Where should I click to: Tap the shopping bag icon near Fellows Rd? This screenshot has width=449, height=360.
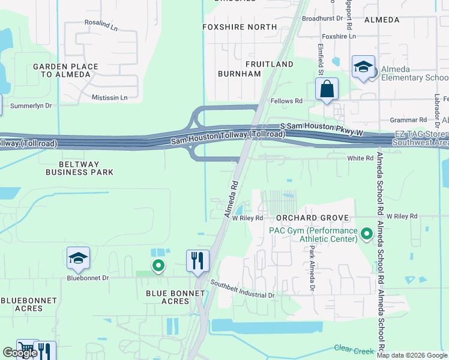[x=327, y=89]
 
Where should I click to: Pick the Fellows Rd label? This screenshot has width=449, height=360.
[x=286, y=101]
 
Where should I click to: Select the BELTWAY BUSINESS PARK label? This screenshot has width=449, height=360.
[x=80, y=168]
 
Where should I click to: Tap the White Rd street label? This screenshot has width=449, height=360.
[x=360, y=158]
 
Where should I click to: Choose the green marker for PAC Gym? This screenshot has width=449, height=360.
[x=366, y=232]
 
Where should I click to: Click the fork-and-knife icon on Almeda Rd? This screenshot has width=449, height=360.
[x=197, y=261]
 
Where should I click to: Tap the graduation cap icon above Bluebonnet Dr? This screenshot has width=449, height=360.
[x=78, y=258]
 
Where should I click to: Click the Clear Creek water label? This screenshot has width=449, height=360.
[x=354, y=347]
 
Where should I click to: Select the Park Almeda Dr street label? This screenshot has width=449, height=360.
[x=312, y=271]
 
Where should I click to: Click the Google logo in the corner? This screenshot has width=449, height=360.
[x=20, y=353]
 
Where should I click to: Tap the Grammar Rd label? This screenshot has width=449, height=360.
[x=408, y=120]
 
